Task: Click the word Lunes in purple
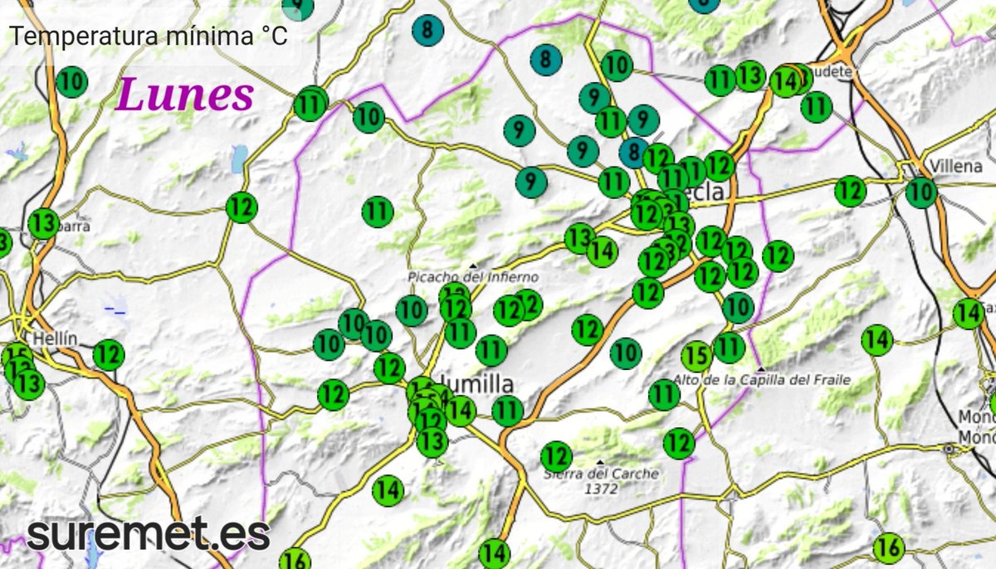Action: click(184, 95)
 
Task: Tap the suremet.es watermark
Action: click(148, 533)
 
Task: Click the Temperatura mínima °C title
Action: click(149, 36)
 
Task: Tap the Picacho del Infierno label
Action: click(473, 277)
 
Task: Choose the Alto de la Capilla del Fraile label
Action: click(762, 380)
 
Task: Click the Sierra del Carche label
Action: click(601, 474)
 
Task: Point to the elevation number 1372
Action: click(601, 489)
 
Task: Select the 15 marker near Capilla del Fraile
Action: click(696, 357)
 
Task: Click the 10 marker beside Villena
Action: click(920, 192)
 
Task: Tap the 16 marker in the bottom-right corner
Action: click(888, 547)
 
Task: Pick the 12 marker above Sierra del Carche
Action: click(556, 455)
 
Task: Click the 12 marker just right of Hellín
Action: click(108, 355)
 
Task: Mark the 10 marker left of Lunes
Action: click(72, 81)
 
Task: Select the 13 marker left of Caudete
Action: click(749, 76)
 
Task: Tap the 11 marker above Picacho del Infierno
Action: click(378, 212)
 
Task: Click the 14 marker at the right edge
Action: click(968, 314)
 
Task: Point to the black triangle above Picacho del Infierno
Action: click(472, 265)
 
